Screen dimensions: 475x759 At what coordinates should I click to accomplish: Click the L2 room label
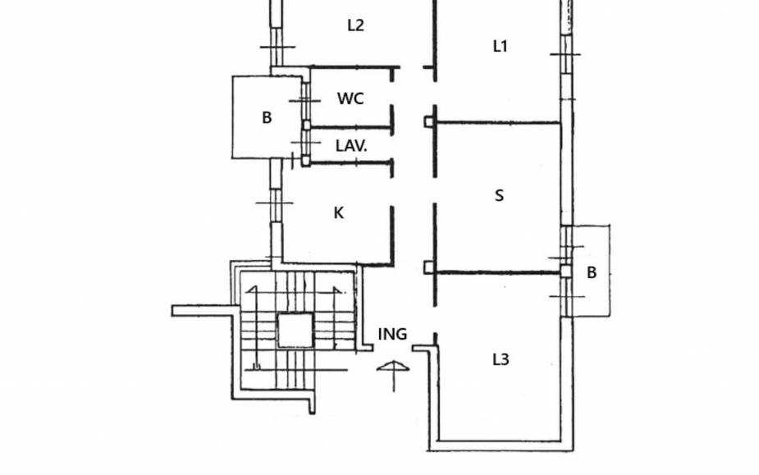(x=355, y=25)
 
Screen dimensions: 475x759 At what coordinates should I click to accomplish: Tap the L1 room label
(x=500, y=47)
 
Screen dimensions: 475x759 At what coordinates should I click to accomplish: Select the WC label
(x=350, y=98)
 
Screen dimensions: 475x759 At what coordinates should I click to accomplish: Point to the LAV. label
(x=351, y=147)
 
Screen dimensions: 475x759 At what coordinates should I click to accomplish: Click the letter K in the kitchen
(x=339, y=213)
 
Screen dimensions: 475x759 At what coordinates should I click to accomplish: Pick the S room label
(x=500, y=195)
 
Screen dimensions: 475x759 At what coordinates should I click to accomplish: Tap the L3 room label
(x=501, y=359)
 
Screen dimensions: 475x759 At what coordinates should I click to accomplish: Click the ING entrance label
(x=392, y=334)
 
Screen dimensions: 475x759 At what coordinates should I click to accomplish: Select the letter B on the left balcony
(x=267, y=118)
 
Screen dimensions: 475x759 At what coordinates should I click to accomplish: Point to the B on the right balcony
(x=592, y=273)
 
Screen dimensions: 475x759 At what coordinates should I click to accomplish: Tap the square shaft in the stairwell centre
(x=295, y=331)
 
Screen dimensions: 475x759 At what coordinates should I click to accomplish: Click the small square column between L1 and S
(x=428, y=123)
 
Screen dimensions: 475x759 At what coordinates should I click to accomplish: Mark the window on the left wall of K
(x=277, y=203)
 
